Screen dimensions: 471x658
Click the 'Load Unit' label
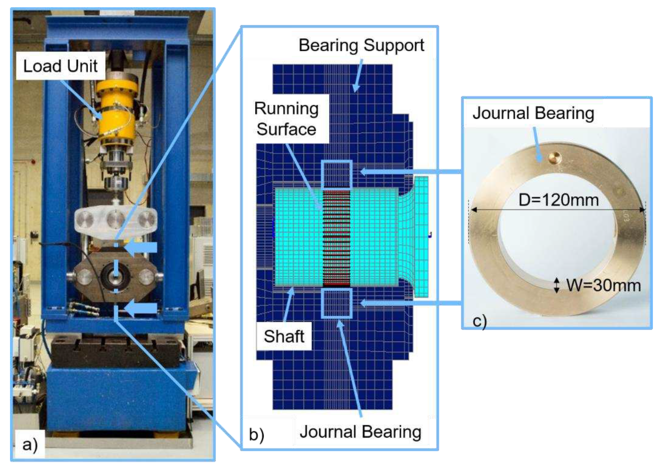point(60,66)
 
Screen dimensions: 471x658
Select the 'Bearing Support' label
point(361,45)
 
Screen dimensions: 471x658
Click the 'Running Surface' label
point(286,119)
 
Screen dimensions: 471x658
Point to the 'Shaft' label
point(284,336)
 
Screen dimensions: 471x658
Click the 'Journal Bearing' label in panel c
point(533,113)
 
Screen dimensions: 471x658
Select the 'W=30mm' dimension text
point(603,285)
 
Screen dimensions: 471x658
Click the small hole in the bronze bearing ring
point(555,158)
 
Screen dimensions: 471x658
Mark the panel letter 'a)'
point(30,444)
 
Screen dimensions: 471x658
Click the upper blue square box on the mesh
point(337,175)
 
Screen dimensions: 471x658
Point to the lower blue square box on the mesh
point(337,303)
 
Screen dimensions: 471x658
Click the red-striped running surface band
point(337,238)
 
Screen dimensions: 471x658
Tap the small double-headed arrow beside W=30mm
point(556,285)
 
